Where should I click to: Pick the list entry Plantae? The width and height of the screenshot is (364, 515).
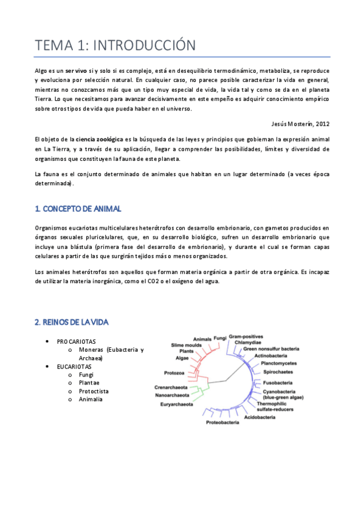(x=90, y=383)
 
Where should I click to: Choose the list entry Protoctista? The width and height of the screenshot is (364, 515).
(x=94, y=391)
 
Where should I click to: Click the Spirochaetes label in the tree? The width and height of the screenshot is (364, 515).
(x=278, y=371)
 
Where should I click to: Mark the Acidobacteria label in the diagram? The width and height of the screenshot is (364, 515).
(x=261, y=418)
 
